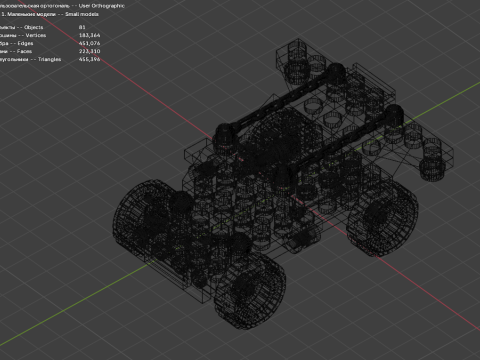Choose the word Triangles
[x=46, y=59]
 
